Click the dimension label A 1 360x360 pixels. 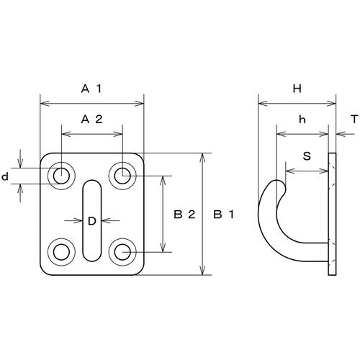(x=92, y=89)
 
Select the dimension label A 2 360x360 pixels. (x=92, y=120)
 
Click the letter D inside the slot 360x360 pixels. (x=91, y=222)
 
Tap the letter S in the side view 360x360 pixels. (x=307, y=154)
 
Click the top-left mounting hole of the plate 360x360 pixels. (x=62, y=174)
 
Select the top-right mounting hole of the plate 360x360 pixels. (x=122, y=174)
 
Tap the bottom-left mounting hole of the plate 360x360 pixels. (x=62, y=251)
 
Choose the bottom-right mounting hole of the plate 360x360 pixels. (x=122, y=251)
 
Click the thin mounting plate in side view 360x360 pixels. (x=332, y=215)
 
